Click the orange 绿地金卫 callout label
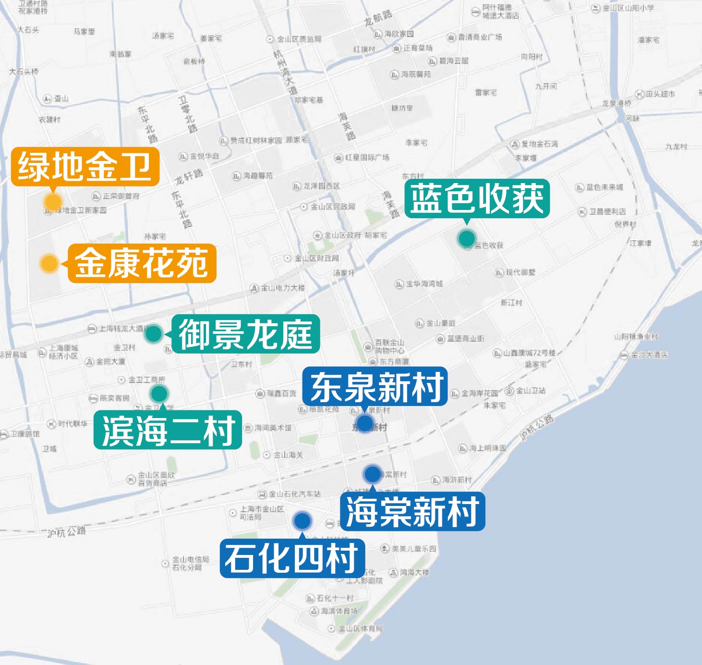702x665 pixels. (85, 167)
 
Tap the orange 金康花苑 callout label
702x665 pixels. (142, 263)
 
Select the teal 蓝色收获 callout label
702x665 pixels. (477, 198)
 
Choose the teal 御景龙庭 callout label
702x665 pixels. (245, 334)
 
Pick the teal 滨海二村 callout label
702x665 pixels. (168, 430)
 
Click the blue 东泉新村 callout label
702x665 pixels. (375, 387)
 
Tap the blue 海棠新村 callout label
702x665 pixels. (412, 511)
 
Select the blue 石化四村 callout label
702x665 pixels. (292, 558)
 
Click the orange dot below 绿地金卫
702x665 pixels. (52, 202)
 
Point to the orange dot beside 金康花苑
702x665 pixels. (49, 263)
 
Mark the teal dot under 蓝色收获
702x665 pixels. (466, 238)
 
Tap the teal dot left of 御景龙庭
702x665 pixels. (154, 333)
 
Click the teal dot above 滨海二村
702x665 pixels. (159, 394)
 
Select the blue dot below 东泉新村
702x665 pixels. (364, 423)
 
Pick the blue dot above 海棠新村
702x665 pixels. (373, 474)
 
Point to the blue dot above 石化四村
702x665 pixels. (302, 520)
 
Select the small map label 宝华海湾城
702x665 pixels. (424, 284)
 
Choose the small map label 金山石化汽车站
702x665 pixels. (294, 494)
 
